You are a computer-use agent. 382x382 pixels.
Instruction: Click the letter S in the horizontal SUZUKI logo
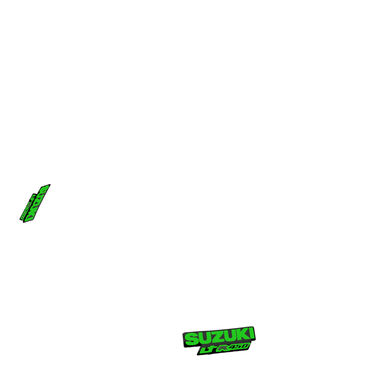(x=191, y=339)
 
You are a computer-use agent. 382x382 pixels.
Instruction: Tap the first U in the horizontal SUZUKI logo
(x=204, y=338)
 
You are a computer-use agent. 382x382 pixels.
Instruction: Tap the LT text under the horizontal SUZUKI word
(x=207, y=350)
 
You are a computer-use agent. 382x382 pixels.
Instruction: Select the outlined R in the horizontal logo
(x=222, y=348)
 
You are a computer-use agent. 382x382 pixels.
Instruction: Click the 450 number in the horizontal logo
(x=239, y=346)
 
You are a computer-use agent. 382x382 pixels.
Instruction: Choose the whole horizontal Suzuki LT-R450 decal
(x=219, y=341)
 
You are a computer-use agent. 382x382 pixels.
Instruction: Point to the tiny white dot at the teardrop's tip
(x=59, y=273)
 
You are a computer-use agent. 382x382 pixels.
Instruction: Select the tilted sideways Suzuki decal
(x=35, y=202)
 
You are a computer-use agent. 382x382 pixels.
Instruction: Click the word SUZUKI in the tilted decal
(x=38, y=203)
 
